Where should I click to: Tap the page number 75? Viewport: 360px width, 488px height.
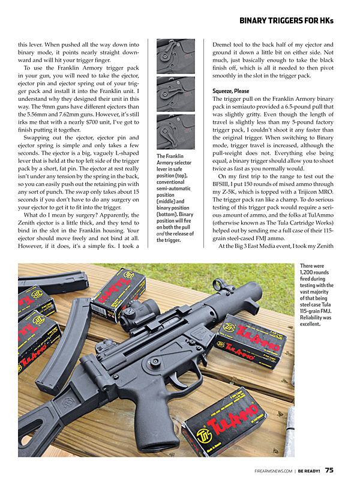(x=329, y=471)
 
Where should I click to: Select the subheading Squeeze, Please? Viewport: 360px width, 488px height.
(x=231, y=91)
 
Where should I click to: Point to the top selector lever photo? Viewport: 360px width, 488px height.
(x=175, y=56)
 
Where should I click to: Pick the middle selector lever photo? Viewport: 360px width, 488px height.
(x=175, y=94)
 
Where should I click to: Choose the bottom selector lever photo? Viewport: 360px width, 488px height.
(x=175, y=131)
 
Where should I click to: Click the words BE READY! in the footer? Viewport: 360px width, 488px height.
(x=309, y=471)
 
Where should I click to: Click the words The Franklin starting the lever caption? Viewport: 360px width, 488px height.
(x=170, y=156)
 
